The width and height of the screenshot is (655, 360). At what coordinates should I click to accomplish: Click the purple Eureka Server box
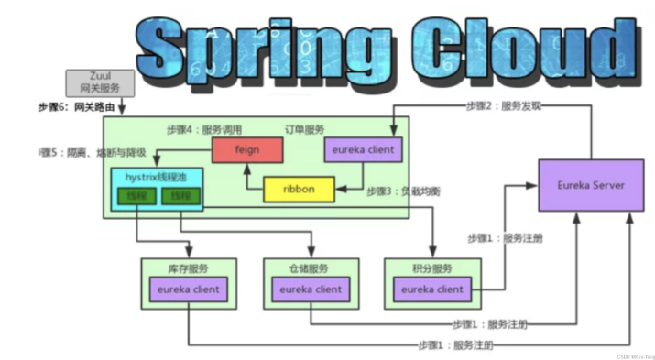[590, 185]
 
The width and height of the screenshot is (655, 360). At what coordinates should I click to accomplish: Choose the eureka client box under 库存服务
[188, 289]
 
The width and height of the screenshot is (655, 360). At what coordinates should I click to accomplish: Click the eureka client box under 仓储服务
[310, 289]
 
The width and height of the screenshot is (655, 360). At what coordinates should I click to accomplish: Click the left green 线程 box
[131, 196]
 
